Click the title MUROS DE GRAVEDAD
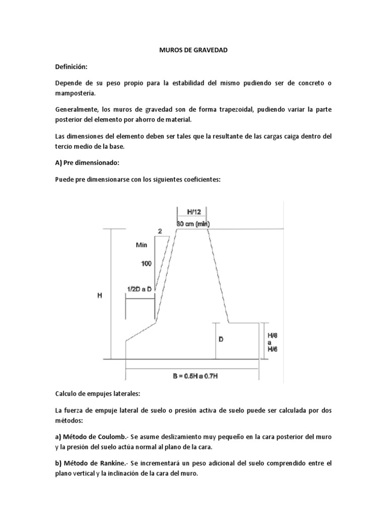point(193,50)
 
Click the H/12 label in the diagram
point(193,213)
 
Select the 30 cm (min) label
point(193,223)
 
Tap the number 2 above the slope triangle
point(160,232)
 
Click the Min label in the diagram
point(142,245)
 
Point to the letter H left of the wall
point(100,296)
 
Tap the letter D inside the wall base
point(221,339)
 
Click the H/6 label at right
point(272,349)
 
